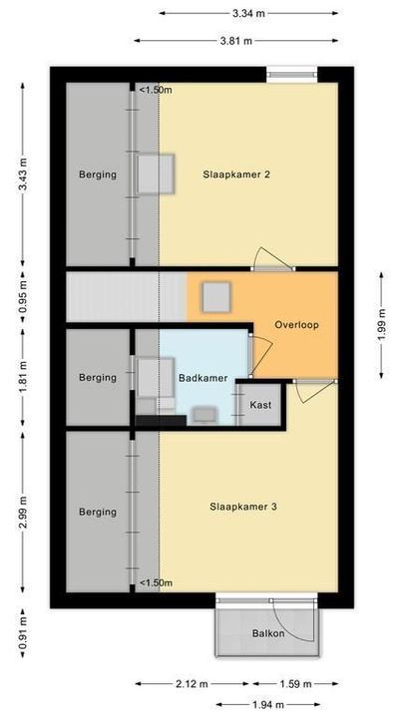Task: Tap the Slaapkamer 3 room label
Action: click(x=242, y=507)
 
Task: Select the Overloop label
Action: click(x=297, y=324)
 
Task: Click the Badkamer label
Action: click(x=202, y=378)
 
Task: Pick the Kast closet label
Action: click(x=260, y=405)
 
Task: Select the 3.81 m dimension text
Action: click(x=236, y=41)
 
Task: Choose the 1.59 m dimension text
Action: click(x=294, y=684)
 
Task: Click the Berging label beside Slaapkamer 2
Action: click(x=98, y=175)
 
